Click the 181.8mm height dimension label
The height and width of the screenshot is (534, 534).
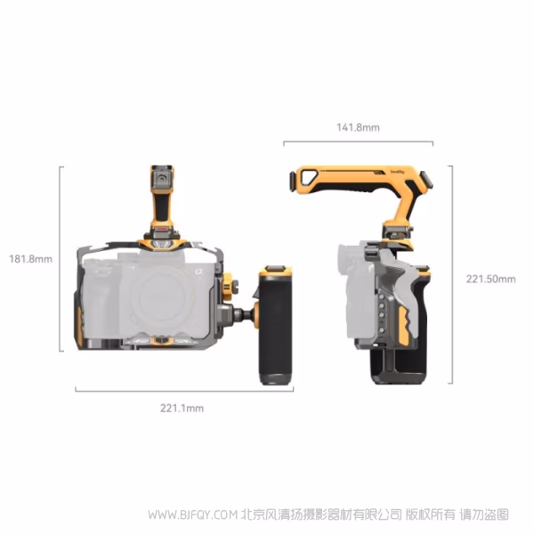[30, 259]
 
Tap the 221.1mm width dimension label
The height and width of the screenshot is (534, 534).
[182, 408]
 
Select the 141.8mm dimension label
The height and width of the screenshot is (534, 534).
[358, 127]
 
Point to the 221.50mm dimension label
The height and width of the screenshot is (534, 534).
[490, 279]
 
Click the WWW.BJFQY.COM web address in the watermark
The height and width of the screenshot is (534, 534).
[193, 514]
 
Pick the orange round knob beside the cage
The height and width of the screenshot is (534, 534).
[227, 283]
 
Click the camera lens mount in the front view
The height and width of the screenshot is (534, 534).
[163, 295]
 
